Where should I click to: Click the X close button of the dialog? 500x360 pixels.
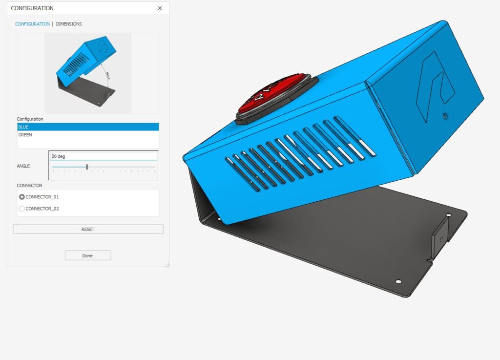click(x=160, y=8)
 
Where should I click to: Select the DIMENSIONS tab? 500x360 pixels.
click(x=69, y=24)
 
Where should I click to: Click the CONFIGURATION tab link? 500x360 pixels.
click(x=32, y=24)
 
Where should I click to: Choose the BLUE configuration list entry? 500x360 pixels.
click(x=88, y=127)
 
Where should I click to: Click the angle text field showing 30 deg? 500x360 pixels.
click(x=104, y=156)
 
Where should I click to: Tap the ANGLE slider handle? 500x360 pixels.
click(x=87, y=167)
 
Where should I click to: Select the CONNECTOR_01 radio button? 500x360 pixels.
click(x=21, y=197)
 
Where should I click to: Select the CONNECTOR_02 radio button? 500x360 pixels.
click(x=21, y=209)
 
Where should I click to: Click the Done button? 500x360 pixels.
click(x=88, y=255)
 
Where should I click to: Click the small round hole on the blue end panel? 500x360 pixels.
click(x=444, y=117)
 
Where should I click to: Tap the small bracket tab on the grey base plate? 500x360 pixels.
click(x=439, y=239)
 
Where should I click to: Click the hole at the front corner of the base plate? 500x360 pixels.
click(x=398, y=282)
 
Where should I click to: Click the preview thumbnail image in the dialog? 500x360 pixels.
click(x=88, y=73)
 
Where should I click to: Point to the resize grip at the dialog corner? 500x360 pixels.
click(x=167, y=264)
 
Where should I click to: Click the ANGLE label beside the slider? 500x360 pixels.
click(x=23, y=166)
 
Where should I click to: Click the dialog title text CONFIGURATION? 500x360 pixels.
click(x=32, y=8)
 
